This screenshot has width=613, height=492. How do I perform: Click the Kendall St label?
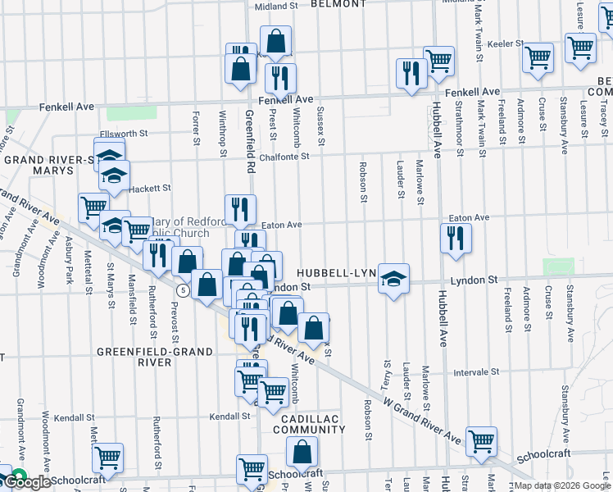point(229,416)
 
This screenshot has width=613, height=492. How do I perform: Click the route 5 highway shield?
point(183,290)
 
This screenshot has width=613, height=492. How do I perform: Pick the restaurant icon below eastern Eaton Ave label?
point(455,239)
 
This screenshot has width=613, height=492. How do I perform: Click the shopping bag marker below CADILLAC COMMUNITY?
point(302,452)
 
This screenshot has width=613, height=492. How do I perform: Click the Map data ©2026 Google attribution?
point(562,485)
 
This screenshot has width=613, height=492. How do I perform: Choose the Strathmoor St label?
point(460,124)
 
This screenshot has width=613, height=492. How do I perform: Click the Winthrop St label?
point(222,130)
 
